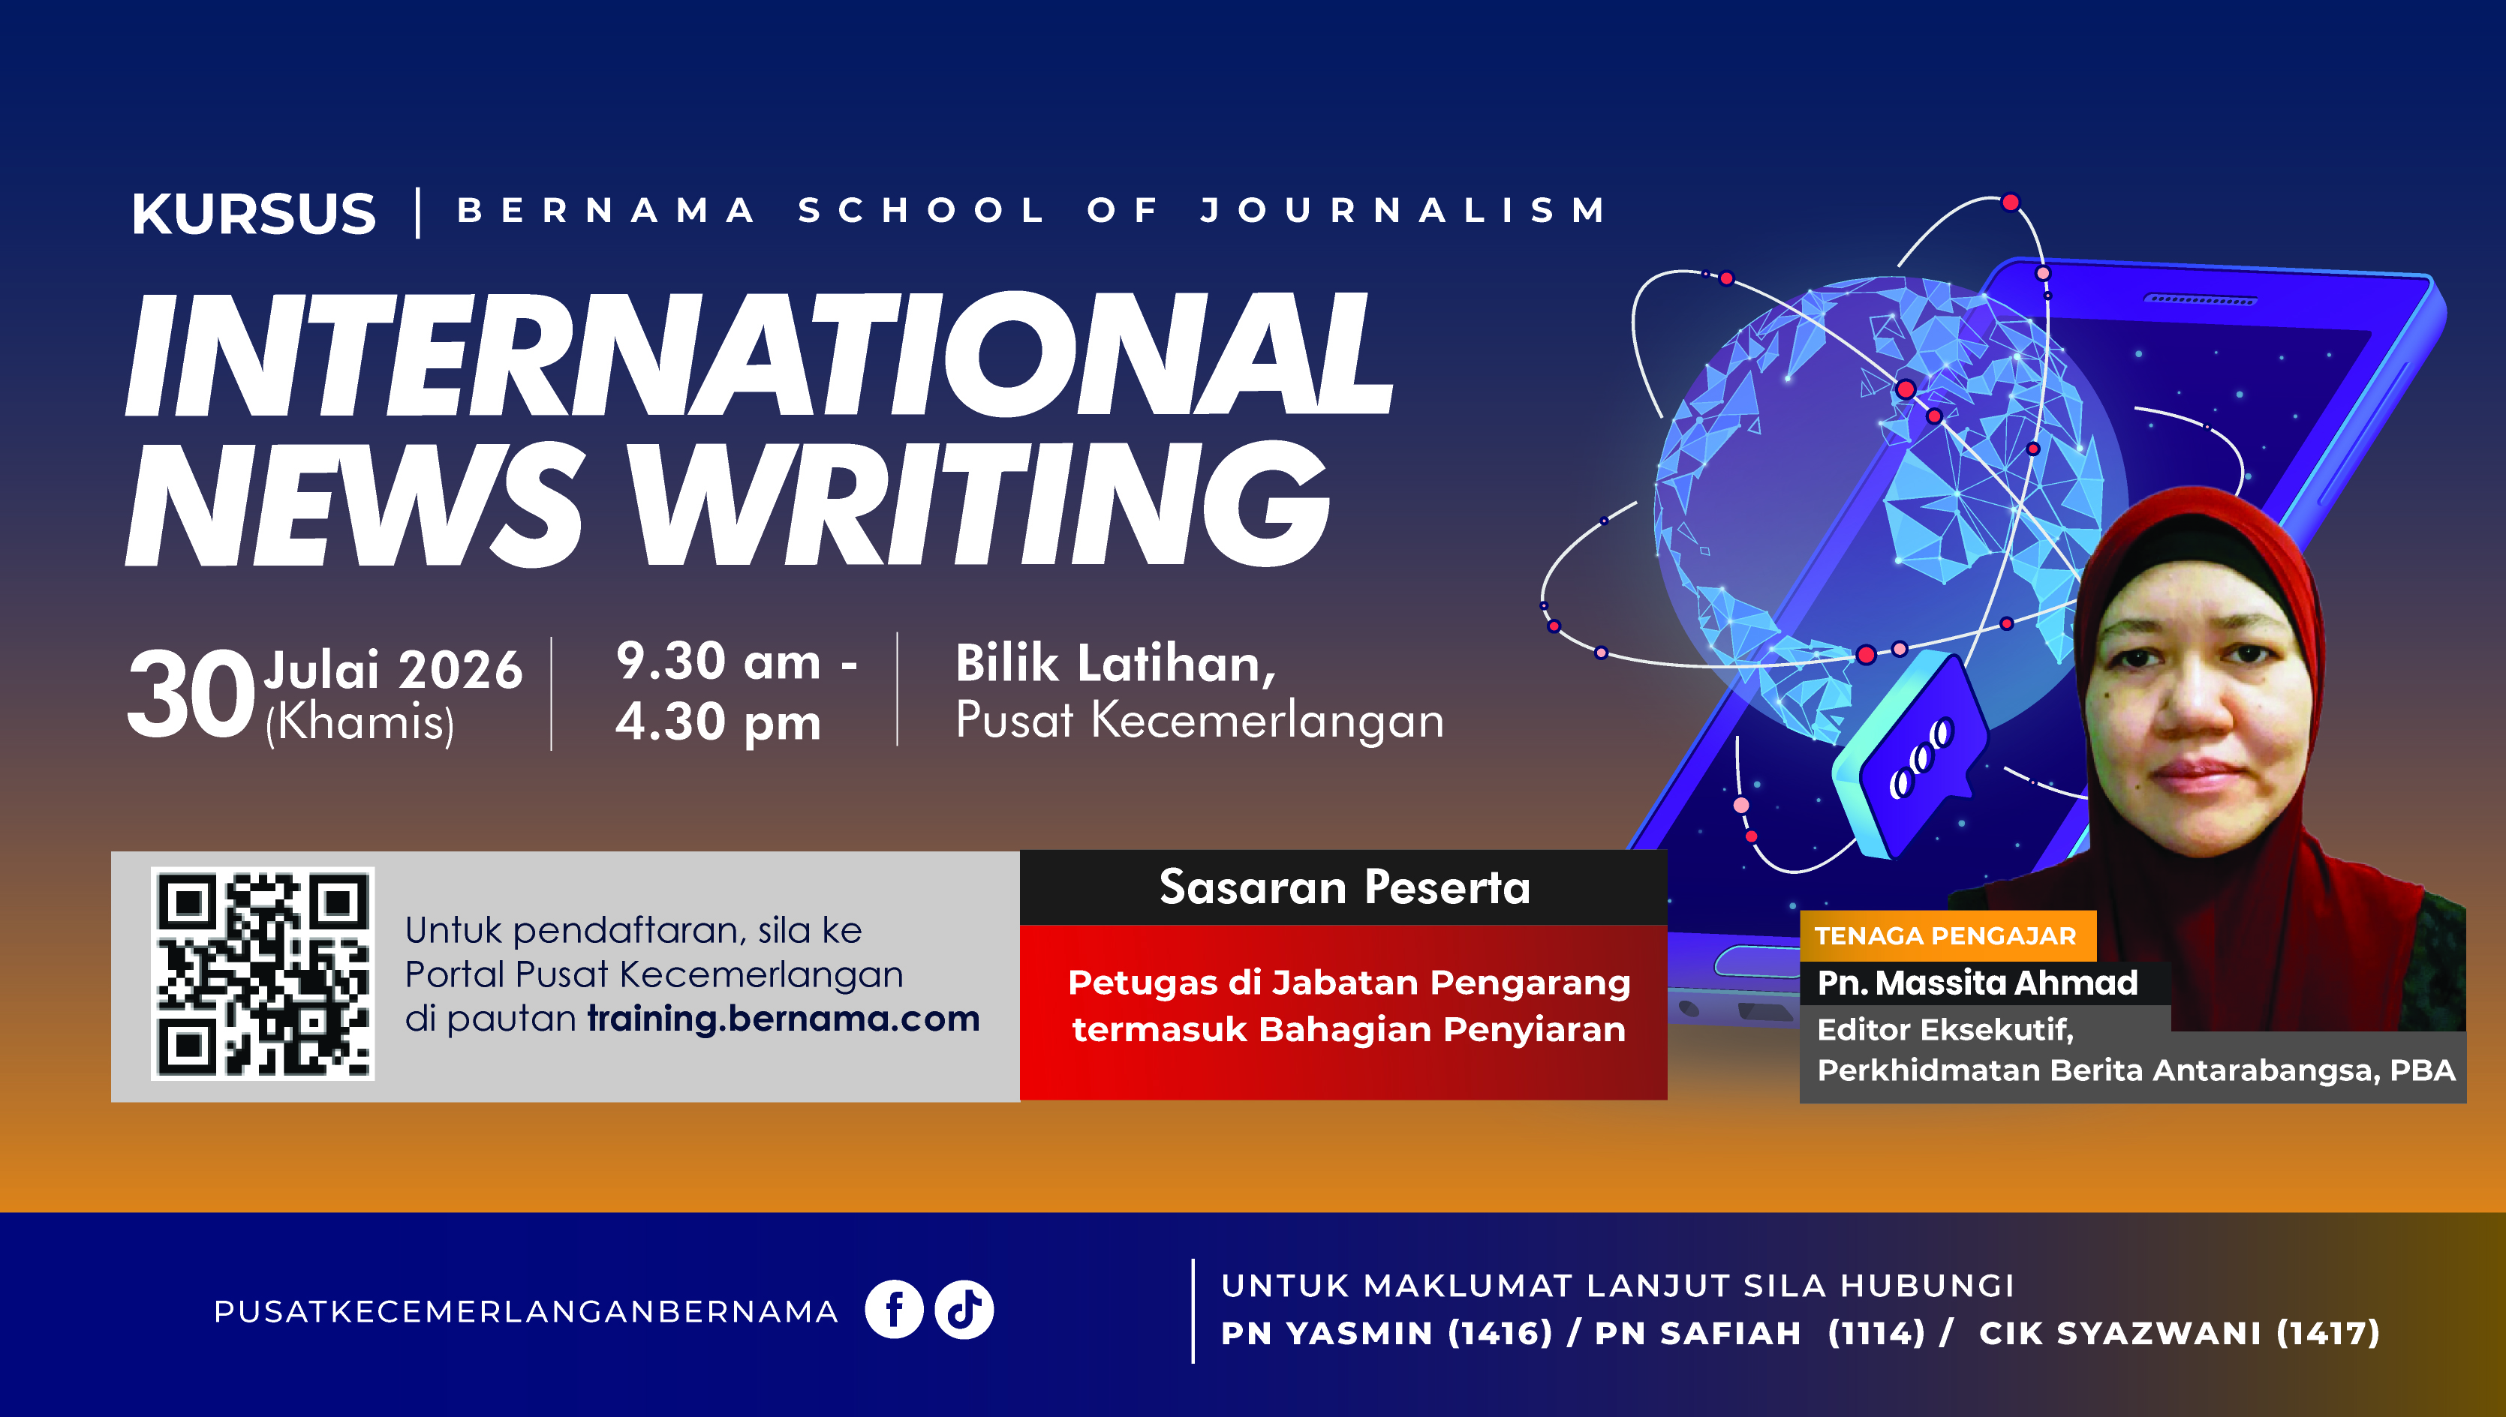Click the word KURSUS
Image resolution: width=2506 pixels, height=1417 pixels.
click(253, 213)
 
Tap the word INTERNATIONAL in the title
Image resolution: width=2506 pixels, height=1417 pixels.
click(760, 354)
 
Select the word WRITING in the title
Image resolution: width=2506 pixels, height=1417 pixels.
click(979, 503)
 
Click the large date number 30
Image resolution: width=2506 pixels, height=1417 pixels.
click(191, 694)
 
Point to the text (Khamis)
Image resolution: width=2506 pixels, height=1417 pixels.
click(360, 723)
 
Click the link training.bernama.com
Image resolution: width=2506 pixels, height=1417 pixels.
click(784, 1018)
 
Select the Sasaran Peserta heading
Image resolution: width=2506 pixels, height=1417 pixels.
click(1344, 887)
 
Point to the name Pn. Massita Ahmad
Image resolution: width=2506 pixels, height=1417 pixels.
click(1978, 983)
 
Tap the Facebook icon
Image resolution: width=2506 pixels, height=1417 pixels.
click(894, 1310)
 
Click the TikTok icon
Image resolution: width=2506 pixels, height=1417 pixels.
click(964, 1310)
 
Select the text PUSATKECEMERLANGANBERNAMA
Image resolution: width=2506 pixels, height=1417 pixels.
click(525, 1312)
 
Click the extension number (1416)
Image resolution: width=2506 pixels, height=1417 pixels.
click(1500, 1333)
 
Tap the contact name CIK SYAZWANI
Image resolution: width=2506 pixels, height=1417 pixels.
click(2120, 1333)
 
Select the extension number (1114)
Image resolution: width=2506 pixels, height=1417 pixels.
click(1877, 1333)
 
